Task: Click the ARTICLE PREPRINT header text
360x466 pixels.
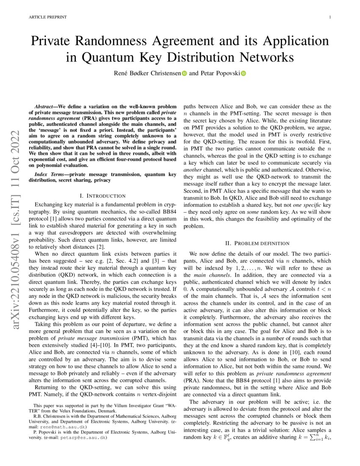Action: (x=48, y=17)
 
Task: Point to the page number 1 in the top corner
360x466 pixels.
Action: (x=330, y=17)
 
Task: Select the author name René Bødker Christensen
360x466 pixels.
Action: (x=147, y=73)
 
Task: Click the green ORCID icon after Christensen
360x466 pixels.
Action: (x=184, y=74)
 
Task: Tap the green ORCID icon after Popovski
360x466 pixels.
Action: (x=243, y=74)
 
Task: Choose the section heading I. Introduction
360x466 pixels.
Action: (x=103, y=196)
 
